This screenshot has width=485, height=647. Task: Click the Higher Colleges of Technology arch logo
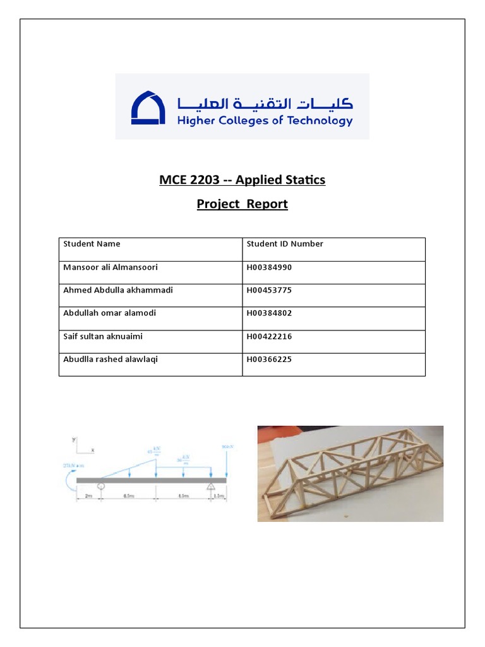(x=148, y=107)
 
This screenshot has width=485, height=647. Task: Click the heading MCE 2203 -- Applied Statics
(x=242, y=180)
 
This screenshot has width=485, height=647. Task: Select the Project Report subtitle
(x=242, y=204)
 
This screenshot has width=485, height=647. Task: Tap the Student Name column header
(x=92, y=244)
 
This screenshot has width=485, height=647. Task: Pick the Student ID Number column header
(x=284, y=244)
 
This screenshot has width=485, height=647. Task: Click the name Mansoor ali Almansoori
(x=111, y=267)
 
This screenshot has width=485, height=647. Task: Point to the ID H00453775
(x=269, y=290)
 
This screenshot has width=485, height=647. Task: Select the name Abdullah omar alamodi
(x=109, y=313)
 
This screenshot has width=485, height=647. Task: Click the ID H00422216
(x=269, y=337)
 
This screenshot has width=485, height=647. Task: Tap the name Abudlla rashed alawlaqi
(x=111, y=360)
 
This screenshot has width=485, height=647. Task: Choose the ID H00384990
(x=269, y=267)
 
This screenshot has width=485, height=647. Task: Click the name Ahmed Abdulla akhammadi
(x=118, y=290)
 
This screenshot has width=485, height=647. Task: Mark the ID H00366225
(x=269, y=360)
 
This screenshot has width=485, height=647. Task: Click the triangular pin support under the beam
(x=210, y=487)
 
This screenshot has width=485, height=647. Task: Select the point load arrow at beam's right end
(x=225, y=465)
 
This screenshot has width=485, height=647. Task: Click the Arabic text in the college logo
(x=265, y=103)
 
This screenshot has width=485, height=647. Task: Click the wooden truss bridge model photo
(x=350, y=473)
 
